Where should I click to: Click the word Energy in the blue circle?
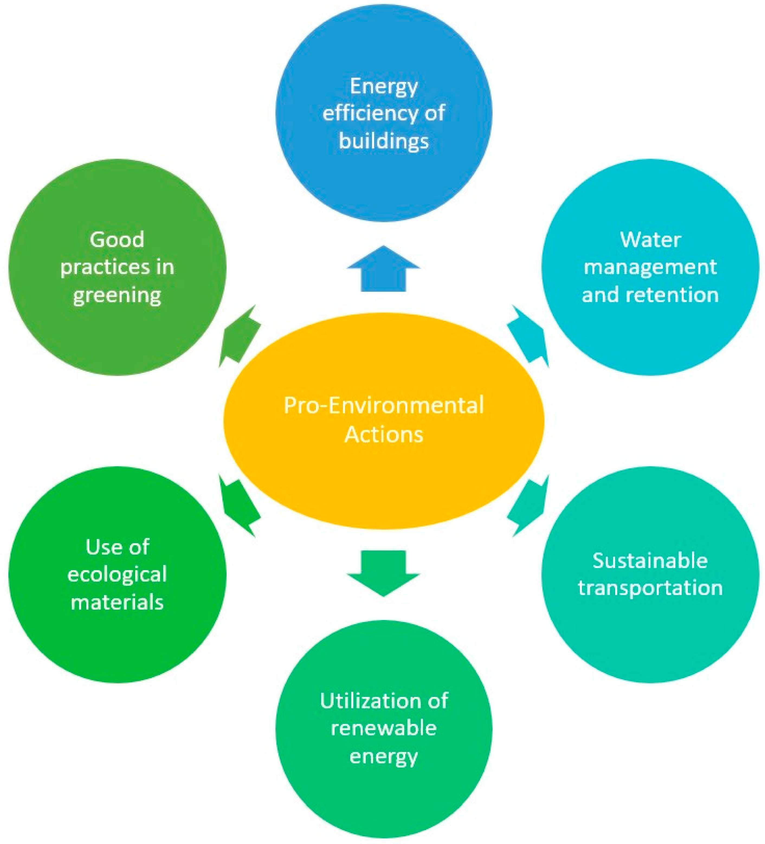click(x=383, y=87)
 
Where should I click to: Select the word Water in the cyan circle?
click(x=650, y=240)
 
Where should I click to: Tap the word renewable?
click(x=383, y=728)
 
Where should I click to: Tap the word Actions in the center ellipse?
click(x=383, y=434)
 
